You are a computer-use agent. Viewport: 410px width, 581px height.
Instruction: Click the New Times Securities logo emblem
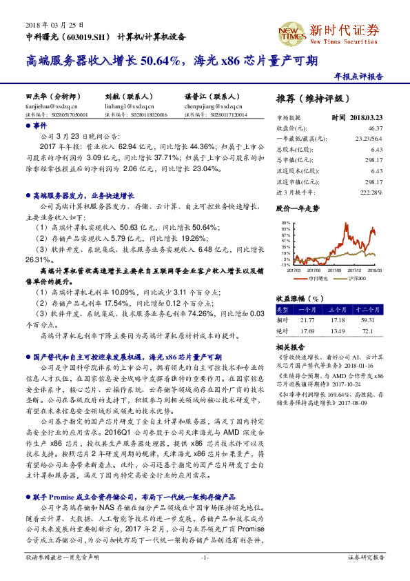(288, 32)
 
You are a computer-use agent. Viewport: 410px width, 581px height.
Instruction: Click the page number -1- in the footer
(205, 556)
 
